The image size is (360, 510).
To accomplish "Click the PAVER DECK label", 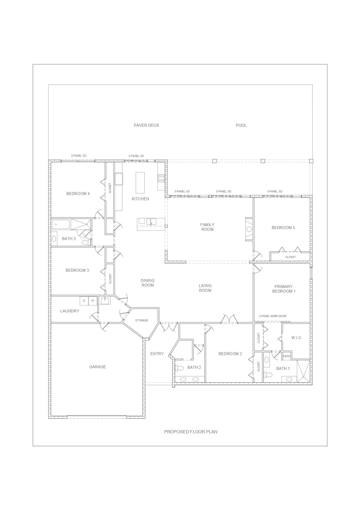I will coord(146,125).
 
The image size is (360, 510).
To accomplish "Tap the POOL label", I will coord(241,125).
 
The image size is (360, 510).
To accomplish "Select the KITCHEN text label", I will coord(140,199).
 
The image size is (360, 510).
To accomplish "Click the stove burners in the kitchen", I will coord(161,178).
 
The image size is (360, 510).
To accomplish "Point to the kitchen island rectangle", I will coord(140,182).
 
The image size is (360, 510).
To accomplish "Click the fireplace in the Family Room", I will coord(249,229).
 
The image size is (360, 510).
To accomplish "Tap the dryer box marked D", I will coord(84,301).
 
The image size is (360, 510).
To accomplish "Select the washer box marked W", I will coord(93,301).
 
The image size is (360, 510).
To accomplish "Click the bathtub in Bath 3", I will coord(61,224).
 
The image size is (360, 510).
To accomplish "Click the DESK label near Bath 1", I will coord(287,356).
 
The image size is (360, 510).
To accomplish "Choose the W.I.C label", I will coord(296,338).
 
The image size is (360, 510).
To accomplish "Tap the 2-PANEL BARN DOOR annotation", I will coord(273,316).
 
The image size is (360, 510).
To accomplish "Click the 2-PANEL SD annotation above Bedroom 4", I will coord(79,156).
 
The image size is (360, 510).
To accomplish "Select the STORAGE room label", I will coord(142,320).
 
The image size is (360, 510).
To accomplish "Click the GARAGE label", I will coord(98,367).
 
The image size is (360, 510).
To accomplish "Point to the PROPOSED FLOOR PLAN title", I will coord(191,432).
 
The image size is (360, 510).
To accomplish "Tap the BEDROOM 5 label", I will coord(283,228).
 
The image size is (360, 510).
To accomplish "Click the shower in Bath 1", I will coord(304,371).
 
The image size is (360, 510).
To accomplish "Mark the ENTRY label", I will coord(157,354).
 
